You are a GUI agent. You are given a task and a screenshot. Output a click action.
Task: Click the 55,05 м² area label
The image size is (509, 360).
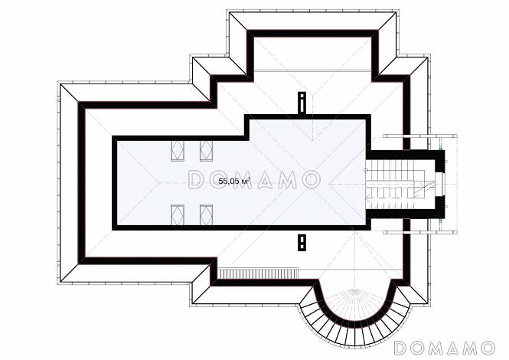[233, 181]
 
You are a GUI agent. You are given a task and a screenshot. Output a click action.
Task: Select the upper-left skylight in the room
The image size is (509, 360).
[178, 151]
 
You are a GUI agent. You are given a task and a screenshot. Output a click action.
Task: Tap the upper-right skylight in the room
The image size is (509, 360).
[206, 151]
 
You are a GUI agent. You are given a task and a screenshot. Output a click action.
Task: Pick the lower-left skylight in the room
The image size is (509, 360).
[178, 214]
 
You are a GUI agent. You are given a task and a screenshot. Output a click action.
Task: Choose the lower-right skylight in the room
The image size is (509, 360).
[206, 214]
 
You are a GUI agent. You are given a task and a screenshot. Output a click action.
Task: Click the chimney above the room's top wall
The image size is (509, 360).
[302, 103]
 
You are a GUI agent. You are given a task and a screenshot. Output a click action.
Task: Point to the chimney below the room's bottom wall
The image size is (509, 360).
[302, 242]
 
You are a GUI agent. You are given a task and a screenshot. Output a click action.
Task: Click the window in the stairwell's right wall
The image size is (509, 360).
[442, 184]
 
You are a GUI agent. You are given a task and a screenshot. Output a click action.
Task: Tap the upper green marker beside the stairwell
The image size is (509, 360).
[441, 149]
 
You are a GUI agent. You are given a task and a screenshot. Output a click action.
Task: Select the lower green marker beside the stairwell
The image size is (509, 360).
[441, 220]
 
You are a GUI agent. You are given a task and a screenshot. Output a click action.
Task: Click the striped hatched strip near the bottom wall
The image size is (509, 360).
[257, 273]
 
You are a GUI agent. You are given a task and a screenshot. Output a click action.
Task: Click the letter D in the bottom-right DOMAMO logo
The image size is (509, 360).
[401, 348]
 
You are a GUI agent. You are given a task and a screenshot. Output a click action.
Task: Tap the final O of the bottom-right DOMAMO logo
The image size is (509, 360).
[488, 348]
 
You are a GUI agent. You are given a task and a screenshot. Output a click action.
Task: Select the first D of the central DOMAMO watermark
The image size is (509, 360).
[196, 179]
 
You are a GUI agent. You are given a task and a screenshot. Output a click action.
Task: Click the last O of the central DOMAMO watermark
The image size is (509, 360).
[312, 179]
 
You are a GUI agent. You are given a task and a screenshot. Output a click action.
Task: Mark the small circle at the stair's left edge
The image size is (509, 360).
[366, 170]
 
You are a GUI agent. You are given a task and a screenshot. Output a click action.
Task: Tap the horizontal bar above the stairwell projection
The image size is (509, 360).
[420, 136]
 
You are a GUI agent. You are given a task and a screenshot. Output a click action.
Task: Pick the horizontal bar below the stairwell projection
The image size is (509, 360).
[420, 232]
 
